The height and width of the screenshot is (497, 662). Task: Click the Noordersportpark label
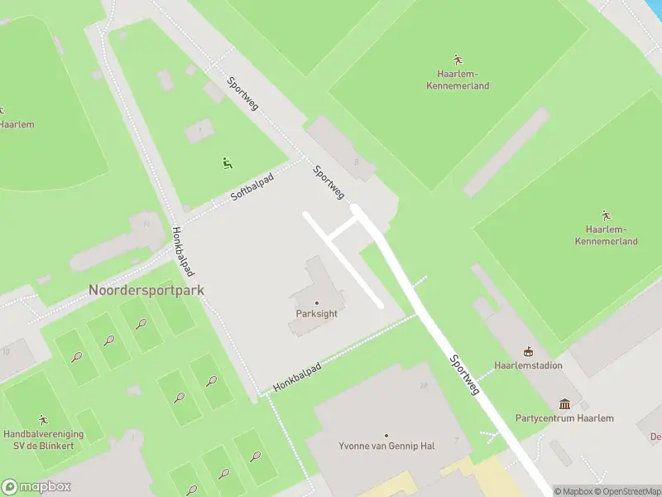146,291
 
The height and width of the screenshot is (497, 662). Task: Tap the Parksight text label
317,314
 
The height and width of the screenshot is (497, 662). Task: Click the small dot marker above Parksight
317,302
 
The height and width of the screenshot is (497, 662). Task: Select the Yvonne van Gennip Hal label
386,446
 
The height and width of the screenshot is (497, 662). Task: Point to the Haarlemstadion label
527,365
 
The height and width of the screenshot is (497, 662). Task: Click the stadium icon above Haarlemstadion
527,352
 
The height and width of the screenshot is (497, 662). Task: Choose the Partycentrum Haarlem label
564,418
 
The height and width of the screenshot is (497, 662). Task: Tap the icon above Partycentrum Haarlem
564,404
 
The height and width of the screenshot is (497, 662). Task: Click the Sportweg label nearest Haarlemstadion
465,374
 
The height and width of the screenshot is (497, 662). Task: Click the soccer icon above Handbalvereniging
43,420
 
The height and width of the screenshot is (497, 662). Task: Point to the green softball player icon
227,163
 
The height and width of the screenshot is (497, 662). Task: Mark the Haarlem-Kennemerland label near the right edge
606,235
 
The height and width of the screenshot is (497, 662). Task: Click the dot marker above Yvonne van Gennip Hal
386,434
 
